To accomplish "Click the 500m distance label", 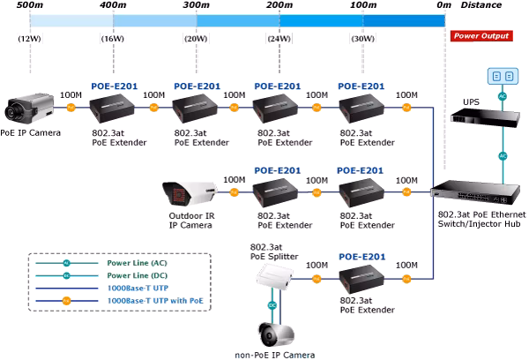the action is click(x=30, y=5).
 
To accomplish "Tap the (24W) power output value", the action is click(x=279, y=39).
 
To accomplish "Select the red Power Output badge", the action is click(x=481, y=36).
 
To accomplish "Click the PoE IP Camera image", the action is click(x=29, y=108).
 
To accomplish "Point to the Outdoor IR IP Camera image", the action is click(x=190, y=193).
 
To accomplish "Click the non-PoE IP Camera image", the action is click(x=276, y=334).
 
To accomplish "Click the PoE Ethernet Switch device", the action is click(x=476, y=193).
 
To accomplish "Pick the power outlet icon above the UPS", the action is click(x=503, y=76).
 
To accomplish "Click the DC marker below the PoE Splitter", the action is click(x=272, y=305).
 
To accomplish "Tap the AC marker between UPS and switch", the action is click(x=503, y=156).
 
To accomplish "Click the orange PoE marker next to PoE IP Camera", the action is click(x=71, y=108).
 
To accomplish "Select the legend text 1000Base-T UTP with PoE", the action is click(x=155, y=301).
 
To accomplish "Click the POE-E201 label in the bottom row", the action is click(x=362, y=257).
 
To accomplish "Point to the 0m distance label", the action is click(x=443, y=5).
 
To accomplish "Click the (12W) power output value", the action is click(x=30, y=39).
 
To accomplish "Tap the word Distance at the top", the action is click(x=481, y=5).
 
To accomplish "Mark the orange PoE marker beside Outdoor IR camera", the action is click(x=234, y=192).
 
